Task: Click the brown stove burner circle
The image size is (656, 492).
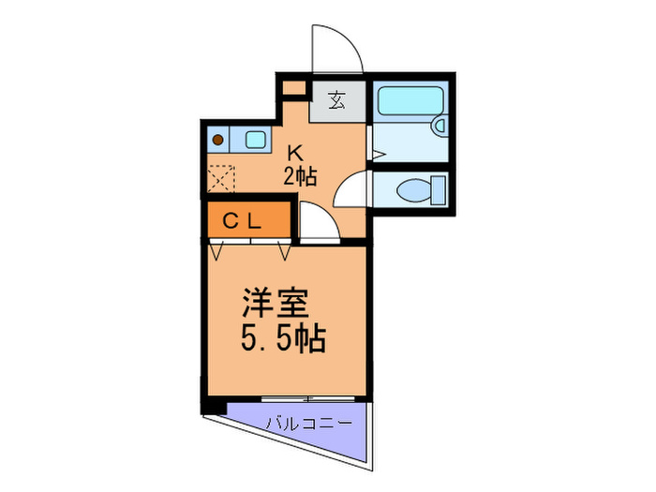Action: pos(218,141)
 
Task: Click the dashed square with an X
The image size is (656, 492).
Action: pos(221,178)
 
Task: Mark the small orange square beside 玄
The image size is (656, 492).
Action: pos(294,90)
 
